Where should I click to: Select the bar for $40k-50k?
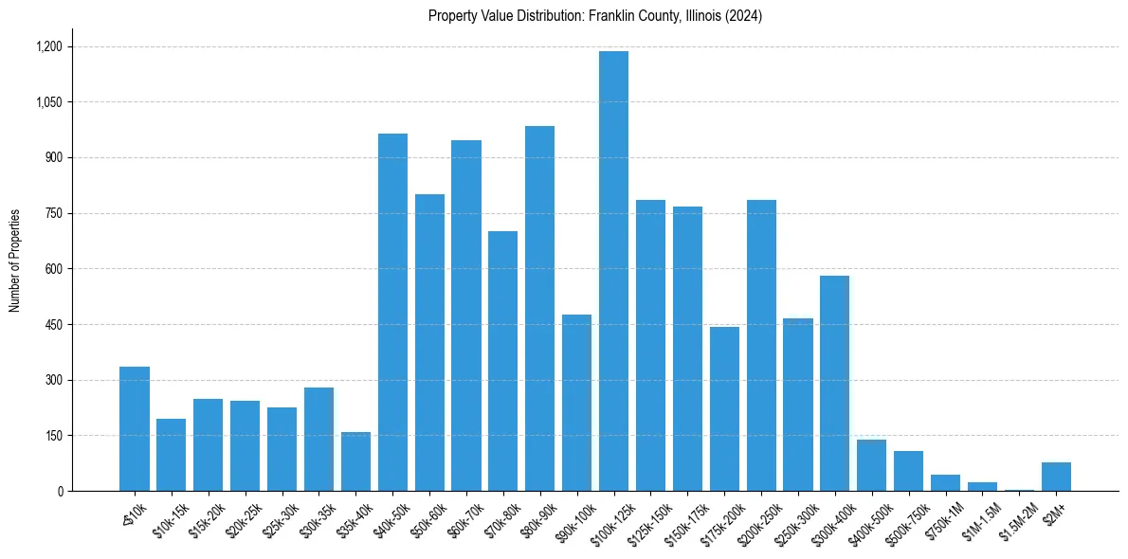[x=392, y=313]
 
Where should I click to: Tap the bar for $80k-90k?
[x=539, y=308]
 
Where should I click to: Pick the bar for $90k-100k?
[x=576, y=403]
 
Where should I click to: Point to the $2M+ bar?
[x=1056, y=477]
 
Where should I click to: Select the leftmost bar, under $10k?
[x=135, y=428]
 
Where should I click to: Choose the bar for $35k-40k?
[x=355, y=461]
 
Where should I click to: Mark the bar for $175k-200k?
[x=724, y=408]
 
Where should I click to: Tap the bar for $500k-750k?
[x=908, y=471]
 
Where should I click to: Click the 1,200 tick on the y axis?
[x=49, y=46]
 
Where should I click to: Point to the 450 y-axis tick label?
[x=53, y=325]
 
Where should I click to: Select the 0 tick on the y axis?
[x=60, y=492]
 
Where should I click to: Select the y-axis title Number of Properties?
[x=14, y=261]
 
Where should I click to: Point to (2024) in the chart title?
[x=744, y=16]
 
